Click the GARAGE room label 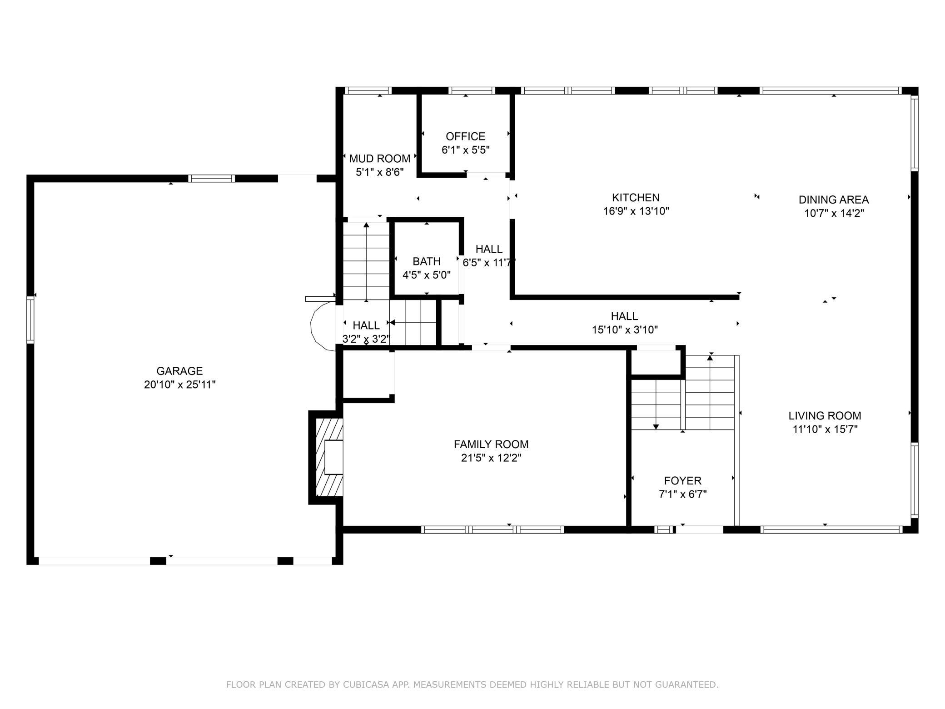tap(179, 371)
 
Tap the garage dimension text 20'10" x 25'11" tap(179, 384)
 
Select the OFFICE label tap(465, 136)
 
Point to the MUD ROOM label tap(379, 159)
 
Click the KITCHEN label tap(636, 198)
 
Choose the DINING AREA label tap(834, 200)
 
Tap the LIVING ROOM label tap(825, 415)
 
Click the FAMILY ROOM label tap(491, 444)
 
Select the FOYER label tap(682, 480)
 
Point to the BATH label tap(427, 261)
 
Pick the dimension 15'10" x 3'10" tap(625, 330)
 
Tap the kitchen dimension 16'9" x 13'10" tap(636, 211)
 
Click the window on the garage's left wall tap(30, 319)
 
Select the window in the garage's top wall tap(211, 178)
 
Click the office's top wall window tap(472, 90)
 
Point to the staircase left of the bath tap(366, 261)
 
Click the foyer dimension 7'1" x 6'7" tap(682, 494)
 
